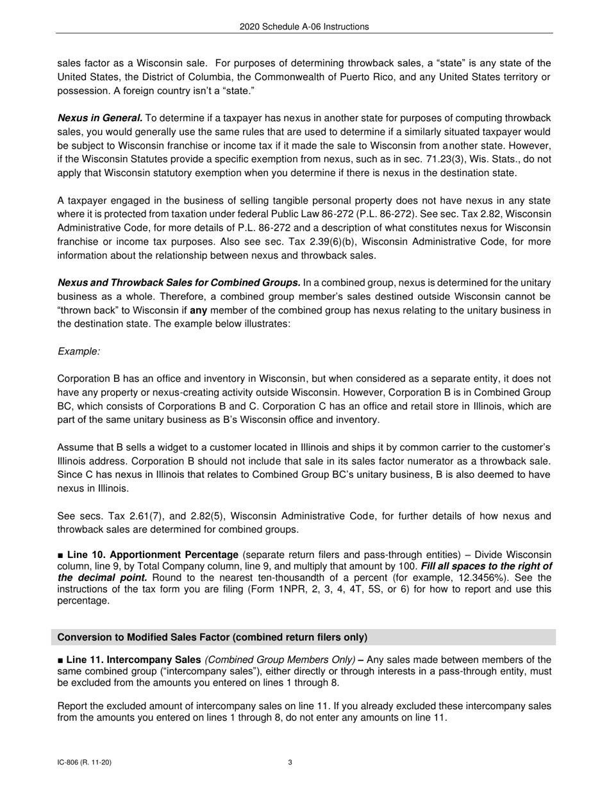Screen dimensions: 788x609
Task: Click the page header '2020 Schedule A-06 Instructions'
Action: click(x=304, y=27)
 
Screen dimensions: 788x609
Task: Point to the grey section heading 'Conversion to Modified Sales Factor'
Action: click(x=212, y=637)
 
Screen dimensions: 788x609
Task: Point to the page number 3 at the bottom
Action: click(x=290, y=762)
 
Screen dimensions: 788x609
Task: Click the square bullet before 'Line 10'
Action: click(x=61, y=554)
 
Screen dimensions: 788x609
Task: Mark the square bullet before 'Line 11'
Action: click(x=61, y=660)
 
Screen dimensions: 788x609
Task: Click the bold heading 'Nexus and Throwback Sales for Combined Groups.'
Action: click(x=179, y=283)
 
